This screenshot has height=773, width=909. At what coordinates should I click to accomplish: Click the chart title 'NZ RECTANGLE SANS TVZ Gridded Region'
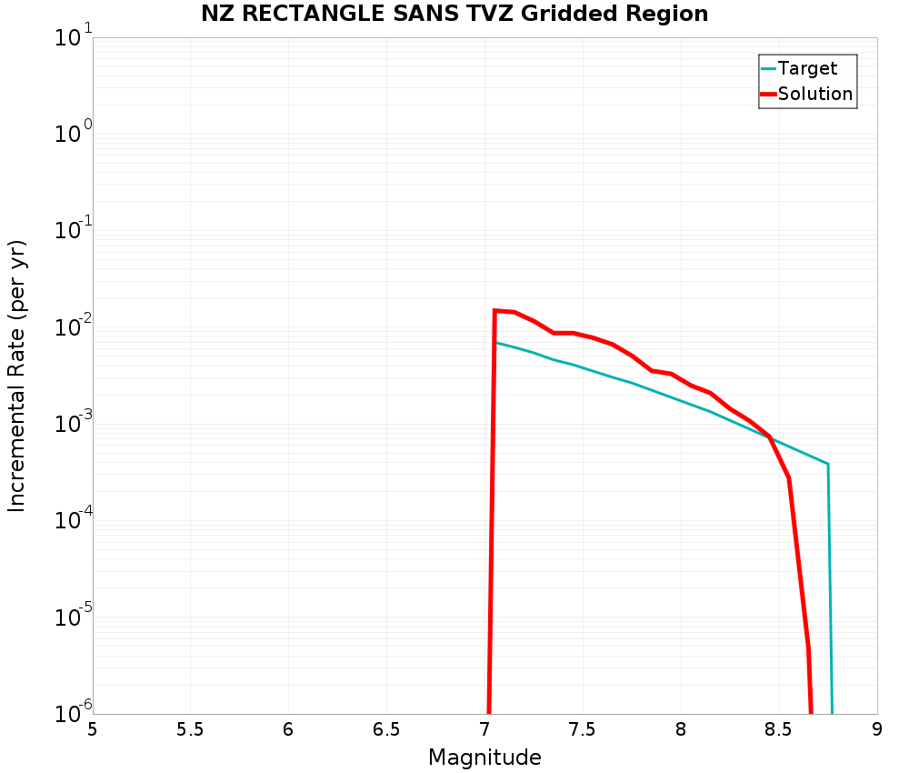pos(454,14)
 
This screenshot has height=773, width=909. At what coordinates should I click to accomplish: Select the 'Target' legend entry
pos(807,68)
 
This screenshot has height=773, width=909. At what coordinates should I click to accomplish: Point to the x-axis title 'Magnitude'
pos(484,758)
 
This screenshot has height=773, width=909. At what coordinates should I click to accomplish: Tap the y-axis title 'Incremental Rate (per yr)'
pos(17,376)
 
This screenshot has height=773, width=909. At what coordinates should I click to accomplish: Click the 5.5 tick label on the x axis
pos(190,729)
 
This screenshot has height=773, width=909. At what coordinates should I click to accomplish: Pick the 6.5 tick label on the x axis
pos(386,729)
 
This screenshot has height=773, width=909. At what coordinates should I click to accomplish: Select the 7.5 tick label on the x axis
pos(582,729)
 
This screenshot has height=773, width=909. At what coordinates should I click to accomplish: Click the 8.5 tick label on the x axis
pos(778,729)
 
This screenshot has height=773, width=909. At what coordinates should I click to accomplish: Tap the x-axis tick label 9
pos(877,729)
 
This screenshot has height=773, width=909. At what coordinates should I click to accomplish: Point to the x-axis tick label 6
pos(288,729)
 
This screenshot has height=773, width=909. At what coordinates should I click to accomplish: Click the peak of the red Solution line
pos(495,311)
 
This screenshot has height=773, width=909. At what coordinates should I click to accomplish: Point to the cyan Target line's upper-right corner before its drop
pos(827,464)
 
